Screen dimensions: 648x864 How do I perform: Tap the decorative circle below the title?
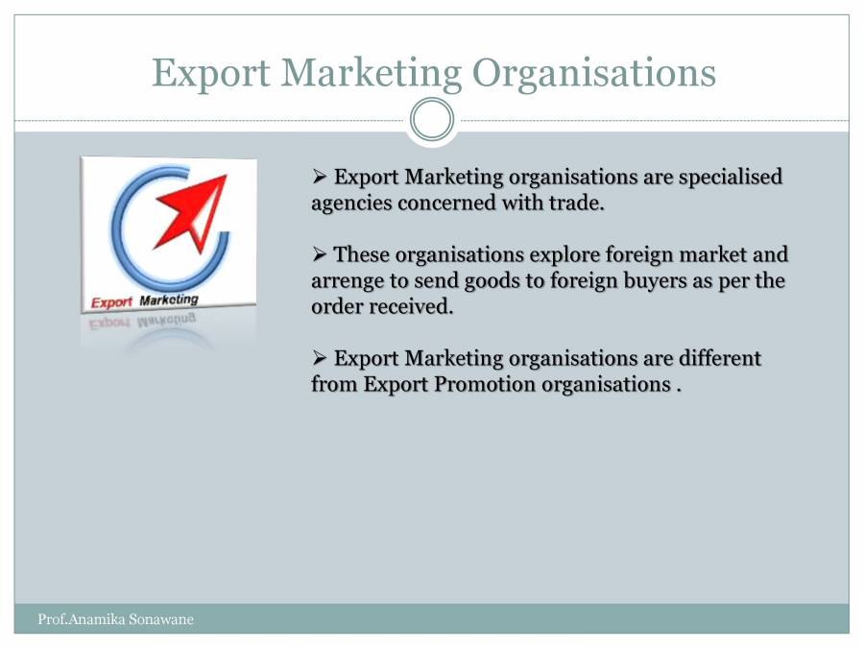(432, 120)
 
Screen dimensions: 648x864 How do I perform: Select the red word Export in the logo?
(111, 302)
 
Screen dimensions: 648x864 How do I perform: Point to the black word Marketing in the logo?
(169, 300)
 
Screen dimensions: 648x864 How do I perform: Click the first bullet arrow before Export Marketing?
(321, 177)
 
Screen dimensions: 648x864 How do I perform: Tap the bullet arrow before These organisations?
(321, 254)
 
